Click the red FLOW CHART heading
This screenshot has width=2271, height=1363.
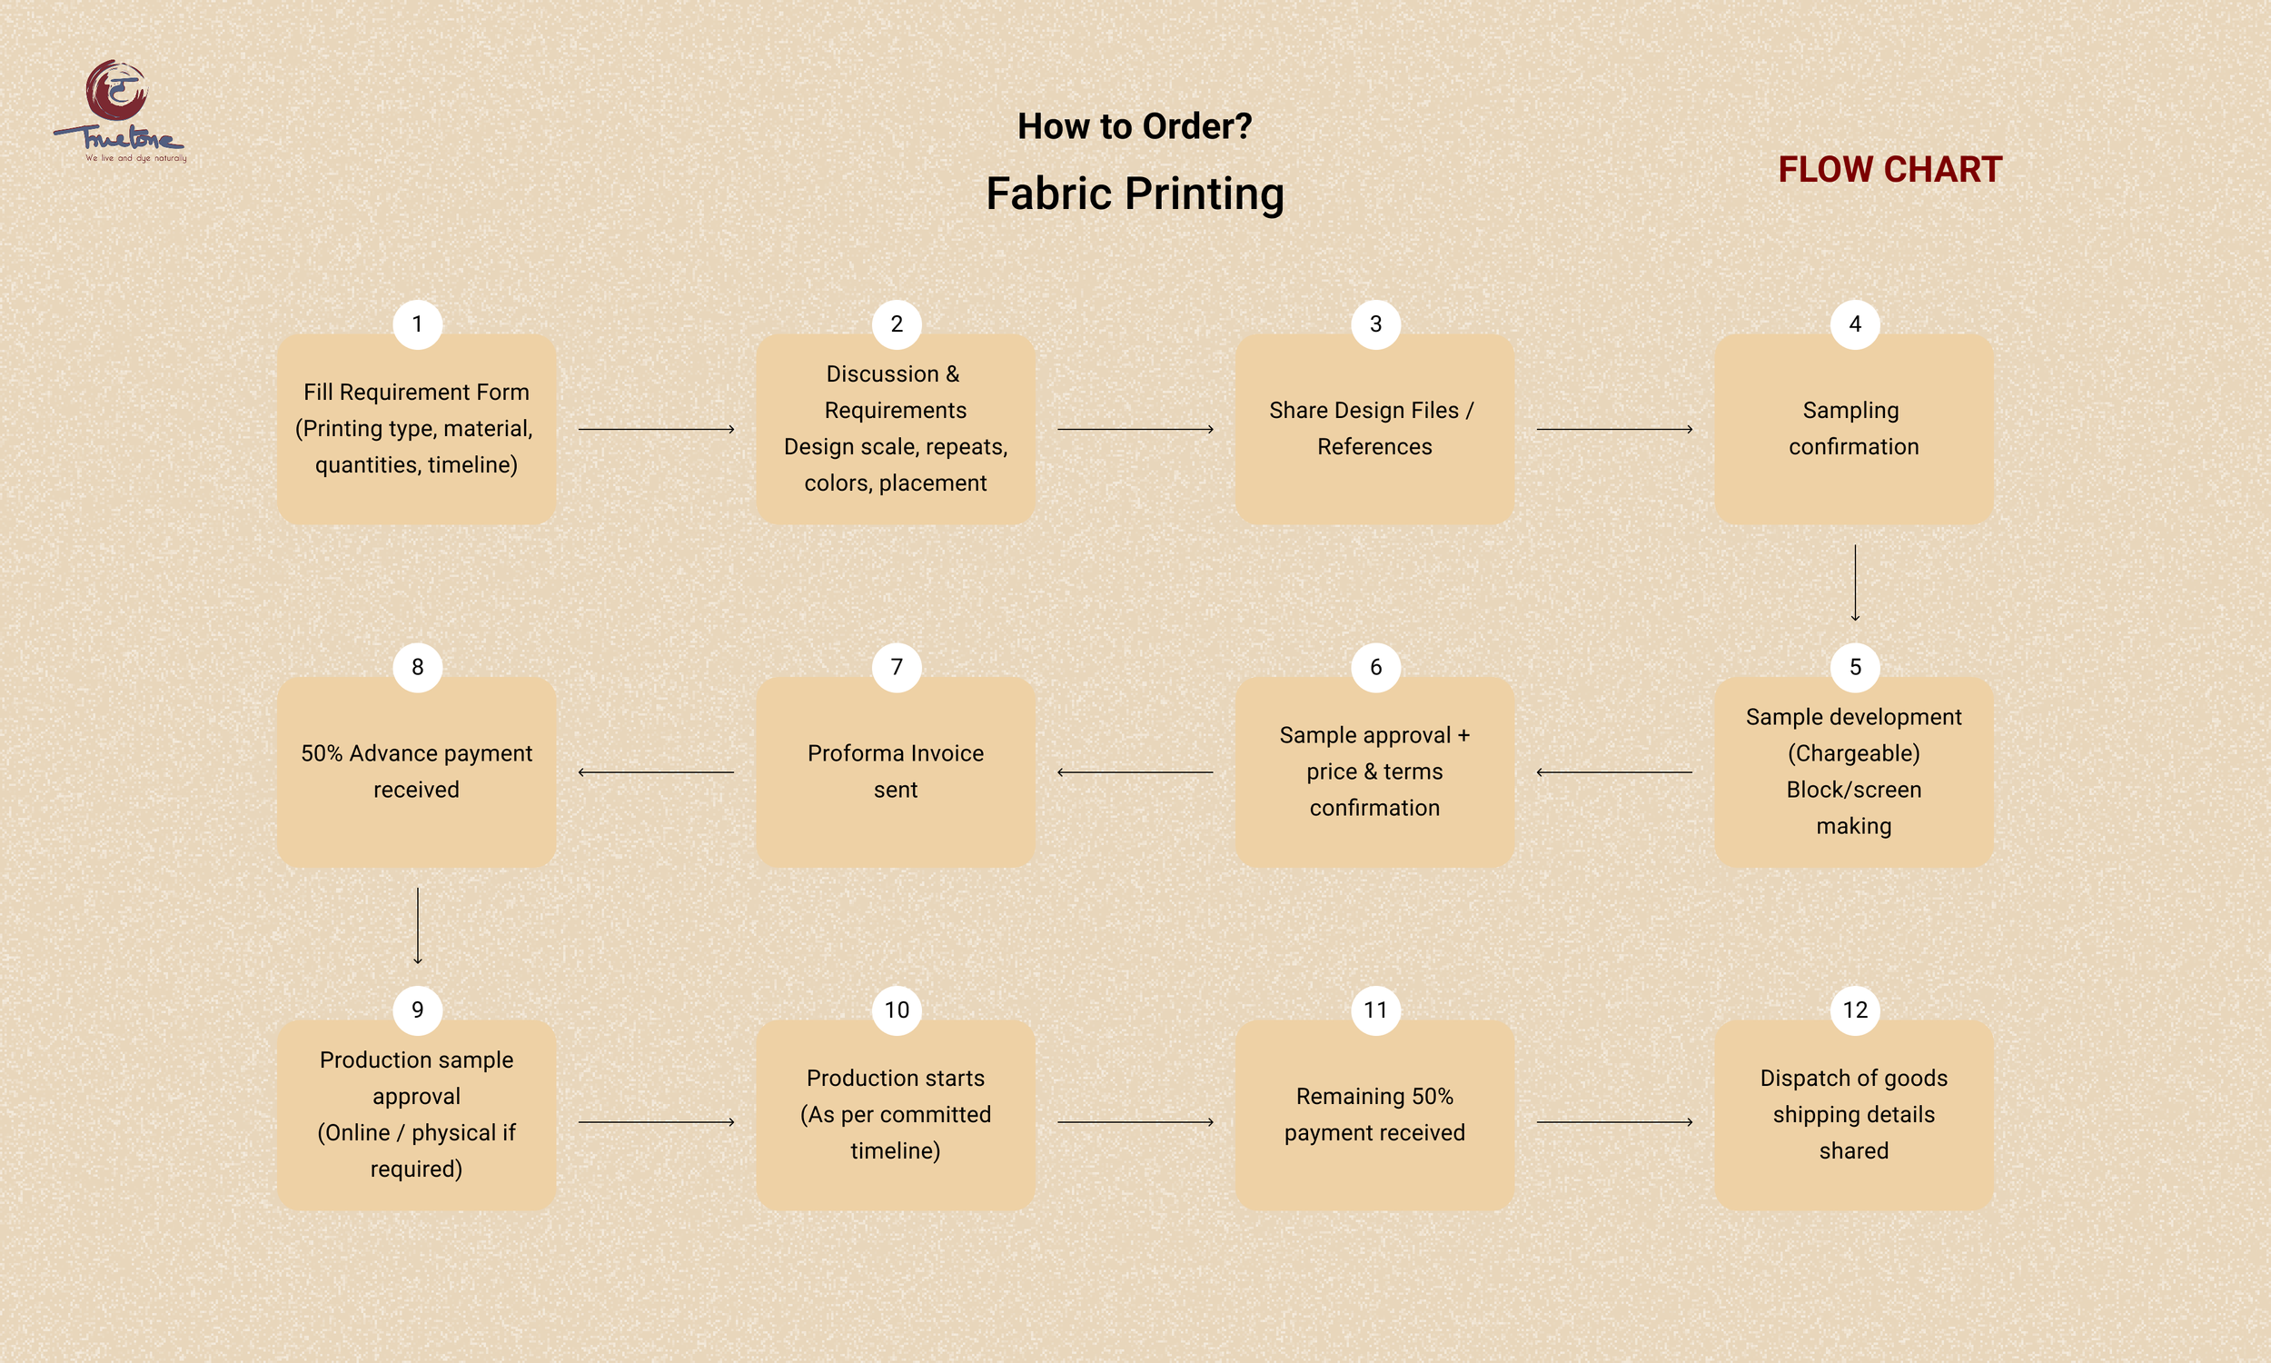(1889, 170)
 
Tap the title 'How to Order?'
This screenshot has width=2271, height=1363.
(1135, 126)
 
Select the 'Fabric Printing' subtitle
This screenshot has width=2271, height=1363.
(1135, 194)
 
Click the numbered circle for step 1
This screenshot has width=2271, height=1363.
(418, 324)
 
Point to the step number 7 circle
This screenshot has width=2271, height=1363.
(897, 667)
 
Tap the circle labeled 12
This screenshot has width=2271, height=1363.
(1854, 1010)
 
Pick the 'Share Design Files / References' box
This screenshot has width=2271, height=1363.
(1374, 429)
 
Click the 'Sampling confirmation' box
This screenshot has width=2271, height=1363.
(1853, 429)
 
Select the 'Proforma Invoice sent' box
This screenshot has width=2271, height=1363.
(895, 771)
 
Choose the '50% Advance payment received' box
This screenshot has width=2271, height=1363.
(417, 771)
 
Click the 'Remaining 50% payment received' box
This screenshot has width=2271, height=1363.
(1374, 1114)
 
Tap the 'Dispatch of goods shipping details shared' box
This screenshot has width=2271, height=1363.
(1853, 1114)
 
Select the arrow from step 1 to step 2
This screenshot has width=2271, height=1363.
(657, 429)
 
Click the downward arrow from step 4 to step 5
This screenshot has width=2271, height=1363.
(1855, 583)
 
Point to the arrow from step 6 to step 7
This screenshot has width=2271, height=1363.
(1135, 772)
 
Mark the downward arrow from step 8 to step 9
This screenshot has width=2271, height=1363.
(418, 926)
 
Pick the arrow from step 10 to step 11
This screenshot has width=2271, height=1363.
(1135, 1122)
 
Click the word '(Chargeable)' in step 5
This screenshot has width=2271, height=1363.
(1853, 753)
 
